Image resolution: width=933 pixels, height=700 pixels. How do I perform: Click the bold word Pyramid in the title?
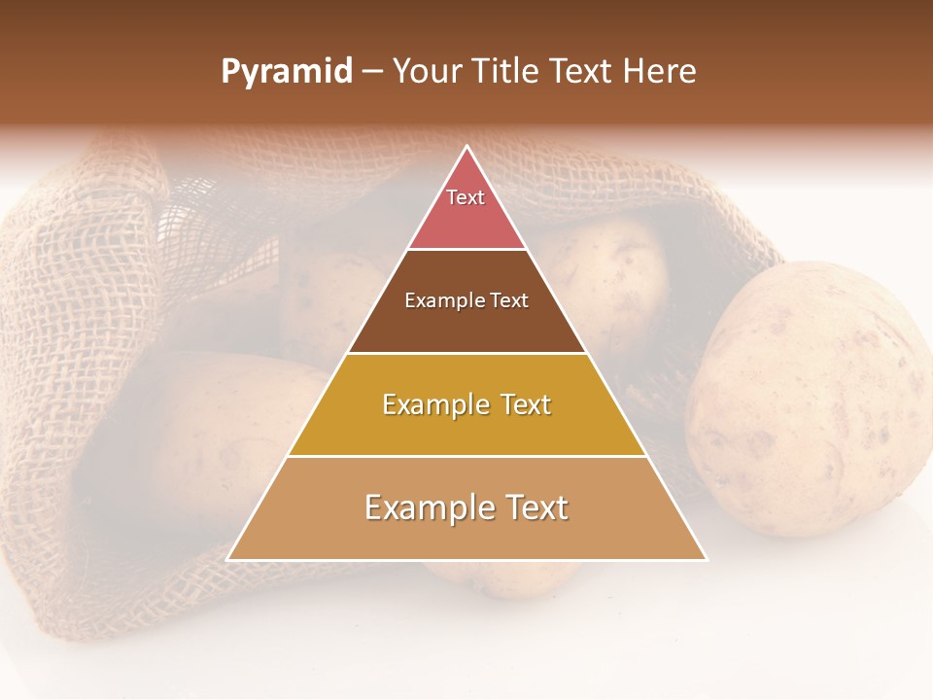[x=287, y=72]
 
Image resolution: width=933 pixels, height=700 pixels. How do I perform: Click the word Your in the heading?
[x=426, y=72]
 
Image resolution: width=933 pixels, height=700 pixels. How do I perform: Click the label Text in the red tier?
[x=466, y=197]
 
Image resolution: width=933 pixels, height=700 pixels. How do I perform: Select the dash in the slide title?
[x=372, y=72]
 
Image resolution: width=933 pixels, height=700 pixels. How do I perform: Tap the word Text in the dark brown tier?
[x=508, y=300]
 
